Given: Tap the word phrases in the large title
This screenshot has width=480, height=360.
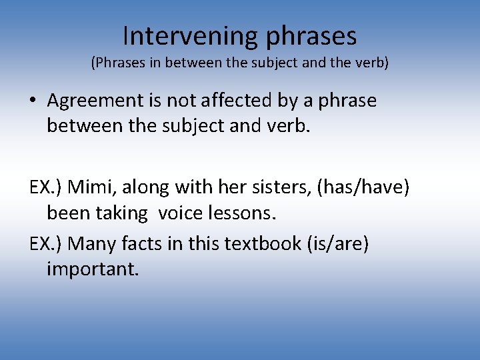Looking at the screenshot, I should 311,37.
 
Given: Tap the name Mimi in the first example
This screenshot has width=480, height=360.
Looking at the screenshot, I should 87,188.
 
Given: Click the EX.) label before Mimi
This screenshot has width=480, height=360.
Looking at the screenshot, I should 47,188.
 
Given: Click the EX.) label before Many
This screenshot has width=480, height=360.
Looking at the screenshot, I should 47,244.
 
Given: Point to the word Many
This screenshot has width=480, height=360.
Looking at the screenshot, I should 91,244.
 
